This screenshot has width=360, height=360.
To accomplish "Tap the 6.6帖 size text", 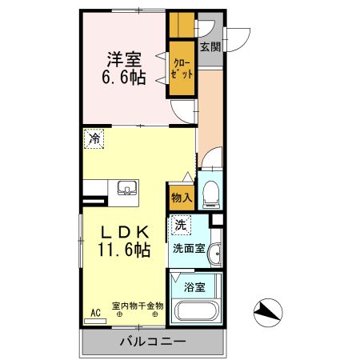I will click(125, 78).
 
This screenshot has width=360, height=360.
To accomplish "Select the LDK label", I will click(125, 232).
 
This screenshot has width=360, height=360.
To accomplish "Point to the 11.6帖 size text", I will click(125, 251).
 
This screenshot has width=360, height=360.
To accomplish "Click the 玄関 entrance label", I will click(210, 46).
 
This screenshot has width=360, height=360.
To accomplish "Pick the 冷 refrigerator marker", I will click(95, 139).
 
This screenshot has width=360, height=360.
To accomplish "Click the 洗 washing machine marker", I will click(183, 226).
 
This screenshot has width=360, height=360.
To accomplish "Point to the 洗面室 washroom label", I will click(189, 248).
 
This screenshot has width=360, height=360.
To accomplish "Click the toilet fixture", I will click(210, 193).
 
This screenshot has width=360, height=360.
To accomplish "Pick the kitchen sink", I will click(126, 189).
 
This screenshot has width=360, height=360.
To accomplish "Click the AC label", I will click(95, 314).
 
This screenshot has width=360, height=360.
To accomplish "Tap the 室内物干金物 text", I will click(137, 305).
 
